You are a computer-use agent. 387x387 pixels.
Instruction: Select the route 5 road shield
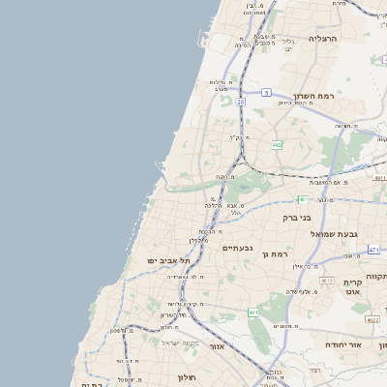265,93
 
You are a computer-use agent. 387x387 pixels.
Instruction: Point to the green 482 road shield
278,145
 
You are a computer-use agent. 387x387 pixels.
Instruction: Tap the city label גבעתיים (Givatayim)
237,249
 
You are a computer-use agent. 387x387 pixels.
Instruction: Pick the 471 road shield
374,250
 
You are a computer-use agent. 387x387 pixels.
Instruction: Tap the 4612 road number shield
326,281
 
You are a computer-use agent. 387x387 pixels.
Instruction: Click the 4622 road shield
372,318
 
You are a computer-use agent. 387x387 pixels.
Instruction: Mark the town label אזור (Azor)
218,345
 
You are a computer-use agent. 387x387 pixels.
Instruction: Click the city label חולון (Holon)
187,376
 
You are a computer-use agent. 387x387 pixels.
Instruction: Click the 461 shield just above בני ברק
303,199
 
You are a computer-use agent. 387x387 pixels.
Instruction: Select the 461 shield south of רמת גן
253,313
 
